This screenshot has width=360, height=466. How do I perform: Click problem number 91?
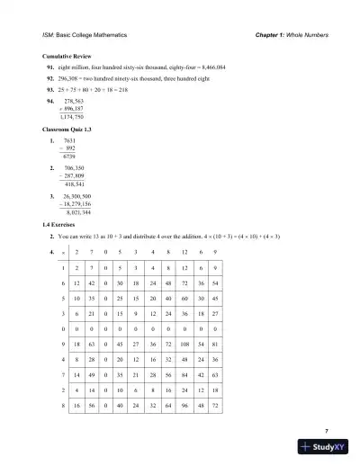(x=50, y=67)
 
